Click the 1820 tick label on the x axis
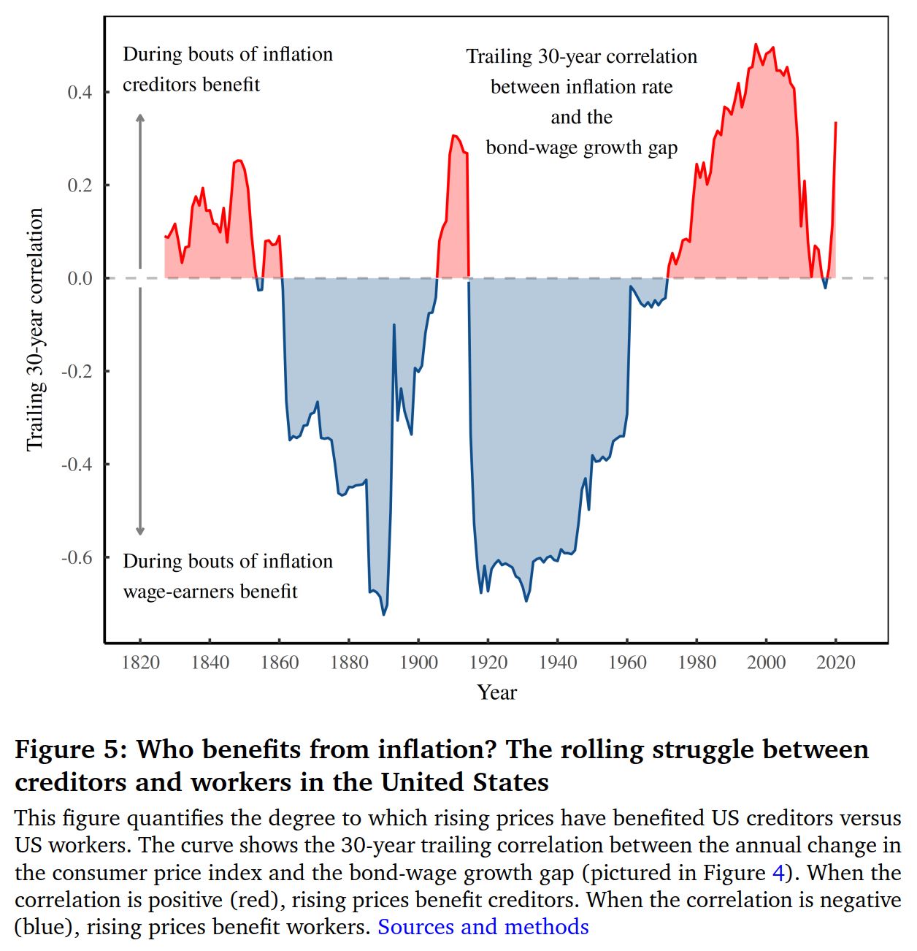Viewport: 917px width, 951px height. coord(140,662)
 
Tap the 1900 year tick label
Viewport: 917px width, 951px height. coord(418,662)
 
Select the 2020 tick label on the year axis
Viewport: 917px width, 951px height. coord(835,662)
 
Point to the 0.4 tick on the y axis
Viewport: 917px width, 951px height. coord(80,93)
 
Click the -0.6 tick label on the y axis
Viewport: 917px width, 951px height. coord(77,558)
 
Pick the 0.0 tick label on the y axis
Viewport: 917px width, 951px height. coord(80,278)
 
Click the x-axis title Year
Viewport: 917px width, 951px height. coord(496,692)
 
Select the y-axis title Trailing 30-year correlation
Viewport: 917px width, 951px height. coord(35,329)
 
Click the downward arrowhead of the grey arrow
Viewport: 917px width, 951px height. coord(140,531)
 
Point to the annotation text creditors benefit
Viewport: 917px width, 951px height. coord(191,85)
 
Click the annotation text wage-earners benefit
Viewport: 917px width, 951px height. coord(210,591)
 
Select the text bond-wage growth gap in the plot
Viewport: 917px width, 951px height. coord(581,148)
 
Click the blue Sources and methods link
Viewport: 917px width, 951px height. coord(483,927)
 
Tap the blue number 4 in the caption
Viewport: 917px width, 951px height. coord(778,873)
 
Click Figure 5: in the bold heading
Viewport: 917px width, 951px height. coord(71,749)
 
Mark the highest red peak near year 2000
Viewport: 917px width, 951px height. coord(756,45)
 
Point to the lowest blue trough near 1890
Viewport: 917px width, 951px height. coord(383,614)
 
